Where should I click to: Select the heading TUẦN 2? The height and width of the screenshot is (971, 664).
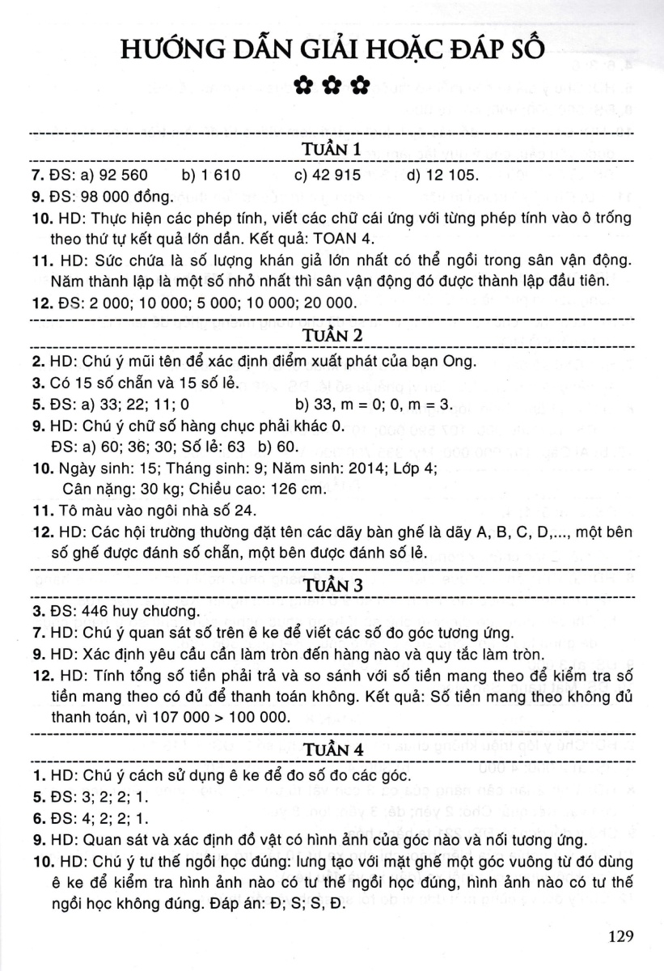[332, 334]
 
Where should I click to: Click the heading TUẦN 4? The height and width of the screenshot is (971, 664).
[332, 752]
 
